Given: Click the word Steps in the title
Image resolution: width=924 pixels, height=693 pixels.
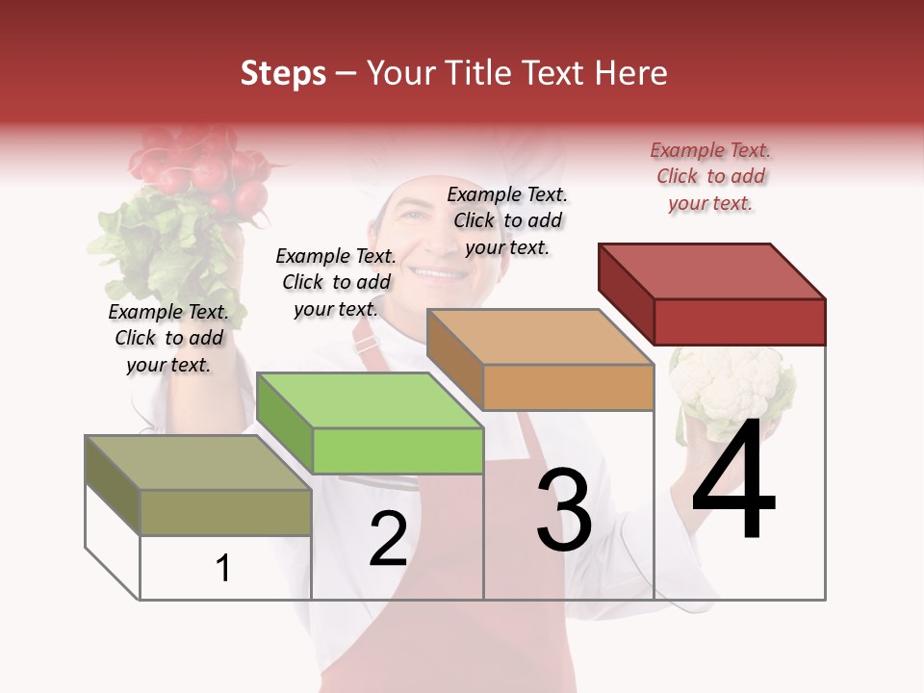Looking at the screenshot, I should click(282, 73).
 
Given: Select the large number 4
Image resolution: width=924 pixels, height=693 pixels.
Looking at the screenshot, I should click(733, 481).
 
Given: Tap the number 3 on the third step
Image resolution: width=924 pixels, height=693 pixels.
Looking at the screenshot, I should click(564, 510).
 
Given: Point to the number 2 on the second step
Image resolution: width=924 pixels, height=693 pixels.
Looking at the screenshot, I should click(388, 539).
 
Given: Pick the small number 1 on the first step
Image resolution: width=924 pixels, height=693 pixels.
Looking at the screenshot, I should click(223, 569).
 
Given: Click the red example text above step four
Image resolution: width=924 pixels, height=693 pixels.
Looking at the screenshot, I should click(710, 177).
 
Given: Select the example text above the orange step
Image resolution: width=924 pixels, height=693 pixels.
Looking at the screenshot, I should click(507, 220).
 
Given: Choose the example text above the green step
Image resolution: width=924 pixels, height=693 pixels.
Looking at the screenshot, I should click(336, 282).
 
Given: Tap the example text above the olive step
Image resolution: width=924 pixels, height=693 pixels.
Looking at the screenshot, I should click(168, 338).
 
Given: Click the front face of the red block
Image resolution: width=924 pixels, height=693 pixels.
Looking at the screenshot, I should click(739, 321).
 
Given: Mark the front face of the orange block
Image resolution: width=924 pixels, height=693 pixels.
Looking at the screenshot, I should click(568, 388).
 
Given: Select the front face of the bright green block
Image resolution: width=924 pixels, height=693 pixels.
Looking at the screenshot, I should click(398, 451).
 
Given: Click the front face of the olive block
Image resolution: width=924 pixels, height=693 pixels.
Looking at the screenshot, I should click(226, 512).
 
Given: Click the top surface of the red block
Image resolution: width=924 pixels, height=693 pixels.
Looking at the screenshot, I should click(712, 269).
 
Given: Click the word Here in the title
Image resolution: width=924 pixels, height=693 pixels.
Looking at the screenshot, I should click(631, 73).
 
